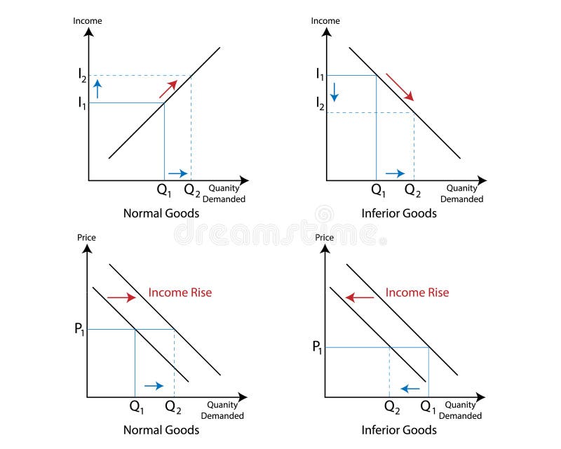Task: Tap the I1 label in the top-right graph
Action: pyautogui.click(x=320, y=74)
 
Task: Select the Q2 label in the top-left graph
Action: pyautogui.click(x=191, y=189)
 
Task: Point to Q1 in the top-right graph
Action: pyautogui.click(x=378, y=189)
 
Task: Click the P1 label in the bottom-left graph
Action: pyautogui.click(x=80, y=328)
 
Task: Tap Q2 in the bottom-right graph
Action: pyautogui.click(x=392, y=406)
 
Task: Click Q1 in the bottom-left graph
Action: pyautogui.click(x=136, y=406)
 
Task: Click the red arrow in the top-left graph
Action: pyautogui.click(x=168, y=88)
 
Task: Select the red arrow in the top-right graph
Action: pyautogui.click(x=401, y=88)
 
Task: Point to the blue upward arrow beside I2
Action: pyautogui.click(x=97, y=88)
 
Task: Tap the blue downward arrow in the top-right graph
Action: pyautogui.click(x=334, y=91)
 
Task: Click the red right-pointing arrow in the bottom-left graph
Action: pyautogui.click(x=121, y=297)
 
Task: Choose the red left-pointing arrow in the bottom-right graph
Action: pyautogui.click(x=360, y=297)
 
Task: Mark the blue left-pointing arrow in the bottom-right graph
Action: pyautogui.click(x=410, y=387)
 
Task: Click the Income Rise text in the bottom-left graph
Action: pyautogui.click(x=180, y=293)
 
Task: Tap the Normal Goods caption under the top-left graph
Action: pyautogui.click(x=161, y=213)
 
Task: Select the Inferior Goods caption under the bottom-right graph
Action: pyautogui.click(x=399, y=430)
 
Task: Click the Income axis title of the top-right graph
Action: pyautogui.click(x=325, y=21)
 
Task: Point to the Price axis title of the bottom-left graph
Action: pyautogui.click(x=87, y=238)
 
